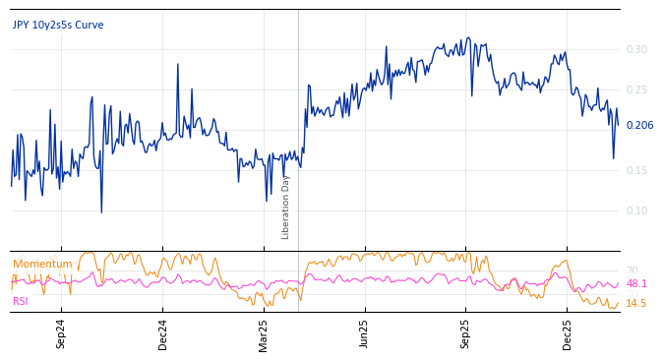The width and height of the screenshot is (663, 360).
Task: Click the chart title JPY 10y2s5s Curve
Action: [58, 25]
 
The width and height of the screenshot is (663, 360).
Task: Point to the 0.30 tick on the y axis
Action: [636, 49]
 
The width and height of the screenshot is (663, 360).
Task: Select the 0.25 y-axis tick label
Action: [636, 90]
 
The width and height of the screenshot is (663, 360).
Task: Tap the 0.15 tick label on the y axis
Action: [636, 170]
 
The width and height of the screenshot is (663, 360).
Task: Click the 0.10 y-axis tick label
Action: [636, 210]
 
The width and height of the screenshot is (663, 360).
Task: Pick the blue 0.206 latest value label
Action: [639, 125]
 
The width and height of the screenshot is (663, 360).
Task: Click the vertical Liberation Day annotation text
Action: [286, 207]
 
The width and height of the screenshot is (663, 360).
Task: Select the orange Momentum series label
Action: [42, 264]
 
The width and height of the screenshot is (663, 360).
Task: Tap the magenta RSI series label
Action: [21, 301]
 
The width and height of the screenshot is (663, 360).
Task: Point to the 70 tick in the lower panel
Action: [632, 270]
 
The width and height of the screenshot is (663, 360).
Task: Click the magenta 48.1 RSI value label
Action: [636, 283]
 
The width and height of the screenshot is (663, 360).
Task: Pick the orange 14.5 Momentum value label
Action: [636, 303]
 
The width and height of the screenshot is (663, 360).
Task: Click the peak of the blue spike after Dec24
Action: [178, 65]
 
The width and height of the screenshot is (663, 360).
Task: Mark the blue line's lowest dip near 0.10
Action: [101, 211]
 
